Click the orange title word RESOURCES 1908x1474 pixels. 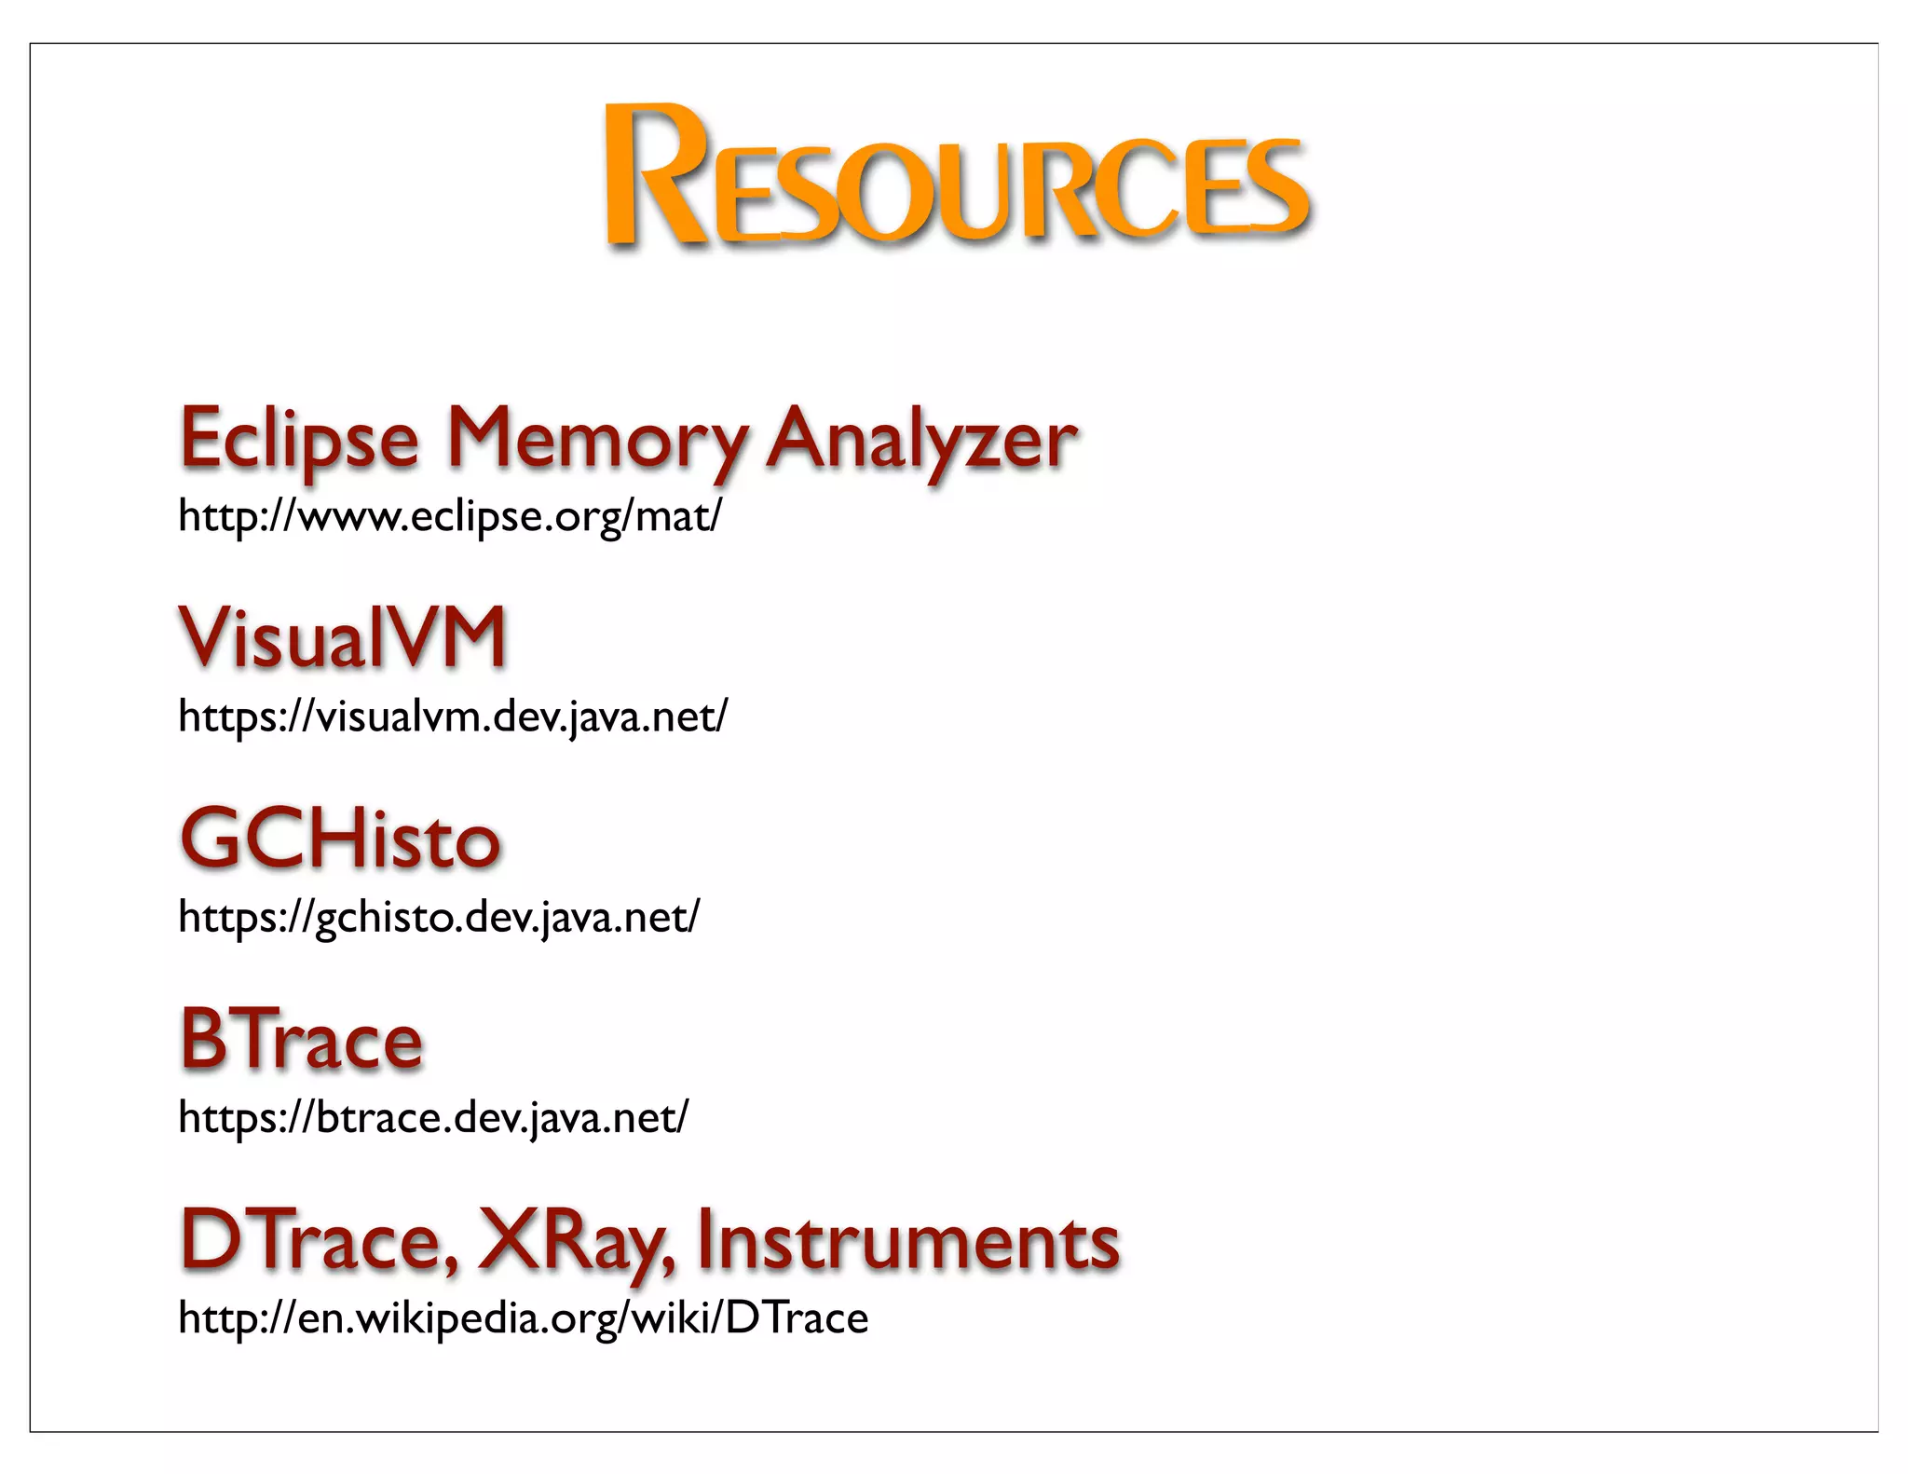[x=958, y=177]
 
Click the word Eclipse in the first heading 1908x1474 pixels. [x=299, y=438]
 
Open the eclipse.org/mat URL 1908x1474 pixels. [x=449, y=515]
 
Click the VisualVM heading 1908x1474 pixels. [x=343, y=637]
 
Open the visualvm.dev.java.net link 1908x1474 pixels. [x=453, y=716]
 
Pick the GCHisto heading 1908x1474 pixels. [x=340, y=839]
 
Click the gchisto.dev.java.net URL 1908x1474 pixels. [x=438, y=917]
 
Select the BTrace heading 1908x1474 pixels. [x=301, y=1040]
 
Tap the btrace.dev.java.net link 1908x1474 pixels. [x=432, y=1117]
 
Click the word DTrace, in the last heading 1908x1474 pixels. [x=319, y=1241]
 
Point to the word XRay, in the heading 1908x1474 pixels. [x=577, y=1241]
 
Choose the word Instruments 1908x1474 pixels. [x=907, y=1241]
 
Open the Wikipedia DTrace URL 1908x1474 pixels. [x=523, y=1318]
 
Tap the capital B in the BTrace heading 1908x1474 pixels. [x=204, y=1039]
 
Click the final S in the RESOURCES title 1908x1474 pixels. [x=1274, y=186]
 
